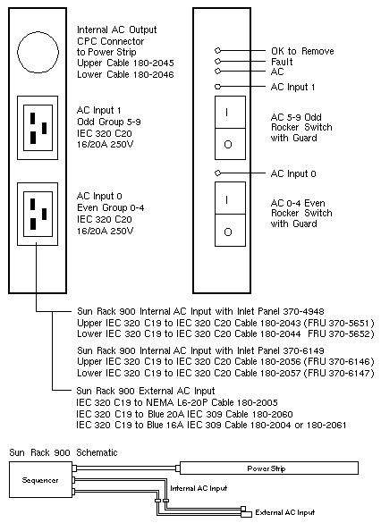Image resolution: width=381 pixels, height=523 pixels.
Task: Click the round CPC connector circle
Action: pyautogui.click(x=18, y=52)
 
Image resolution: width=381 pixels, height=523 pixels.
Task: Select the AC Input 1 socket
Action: pyautogui.click(x=38, y=128)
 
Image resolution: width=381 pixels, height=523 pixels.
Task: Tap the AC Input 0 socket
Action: pyautogui.click(x=38, y=215)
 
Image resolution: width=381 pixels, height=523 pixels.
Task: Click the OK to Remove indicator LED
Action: pyautogui.click(x=218, y=50)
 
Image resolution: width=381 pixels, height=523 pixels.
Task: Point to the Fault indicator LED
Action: pyautogui.click(x=218, y=61)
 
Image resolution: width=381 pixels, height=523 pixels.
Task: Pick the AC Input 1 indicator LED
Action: pyautogui.click(x=218, y=87)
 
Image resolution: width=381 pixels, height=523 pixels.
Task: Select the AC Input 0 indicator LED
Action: pyautogui.click(x=218, y=173)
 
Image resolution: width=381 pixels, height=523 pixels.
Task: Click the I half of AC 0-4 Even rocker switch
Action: pyautogui.click(x=230, y=198)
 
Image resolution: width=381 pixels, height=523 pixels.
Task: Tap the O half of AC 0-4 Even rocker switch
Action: pyautogui.click(x=230, y=230)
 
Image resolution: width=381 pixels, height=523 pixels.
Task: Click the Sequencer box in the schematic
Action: pyautogui.click(x=40, y=479)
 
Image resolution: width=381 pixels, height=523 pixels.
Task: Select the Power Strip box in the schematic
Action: pyautogui.click(x=269, y=468)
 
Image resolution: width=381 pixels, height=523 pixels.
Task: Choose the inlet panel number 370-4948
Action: pyautogui.click(x=303, y=311)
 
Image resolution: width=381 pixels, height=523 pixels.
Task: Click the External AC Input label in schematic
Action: pyautogui.click(x=285, y=512)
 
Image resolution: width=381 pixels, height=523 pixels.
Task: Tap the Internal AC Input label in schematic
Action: pyautogui.click(x=199, y=488)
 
